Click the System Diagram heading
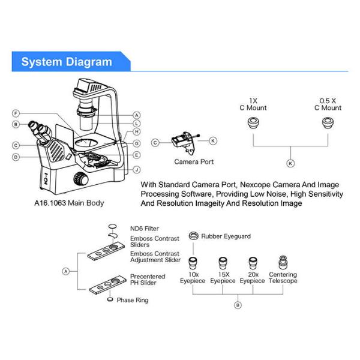[67, 62]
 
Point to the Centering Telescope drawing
[282, 262]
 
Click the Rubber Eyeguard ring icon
[193, 236]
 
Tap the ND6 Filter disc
[112, 227]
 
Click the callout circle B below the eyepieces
[238, 305]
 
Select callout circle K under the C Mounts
[291, 163]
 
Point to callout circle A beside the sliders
[67, 271]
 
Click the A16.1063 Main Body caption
[69, 203]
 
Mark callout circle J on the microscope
[137, 169]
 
